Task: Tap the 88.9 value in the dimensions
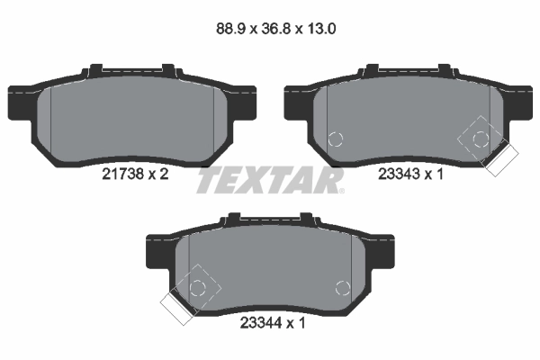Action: click(230, 29)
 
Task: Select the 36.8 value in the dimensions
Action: click(276, 29)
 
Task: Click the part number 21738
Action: click(122, 174)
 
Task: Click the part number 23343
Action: click(399, 174)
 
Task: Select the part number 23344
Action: click(261, 323)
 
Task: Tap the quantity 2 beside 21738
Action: click(164, 174)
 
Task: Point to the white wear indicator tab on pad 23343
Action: click(501, 160)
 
